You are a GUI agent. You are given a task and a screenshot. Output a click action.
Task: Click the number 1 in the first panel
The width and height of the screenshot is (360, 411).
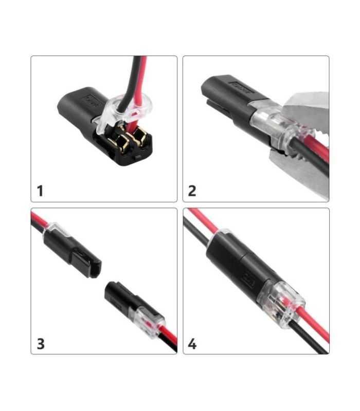(40, 191)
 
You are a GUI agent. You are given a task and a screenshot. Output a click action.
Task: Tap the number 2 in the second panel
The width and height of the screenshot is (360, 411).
(192, 191)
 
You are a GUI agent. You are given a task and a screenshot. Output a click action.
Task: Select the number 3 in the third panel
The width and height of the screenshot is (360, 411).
(40, 343)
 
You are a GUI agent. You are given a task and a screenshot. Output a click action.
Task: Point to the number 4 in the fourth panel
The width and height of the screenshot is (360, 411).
(192, 343)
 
